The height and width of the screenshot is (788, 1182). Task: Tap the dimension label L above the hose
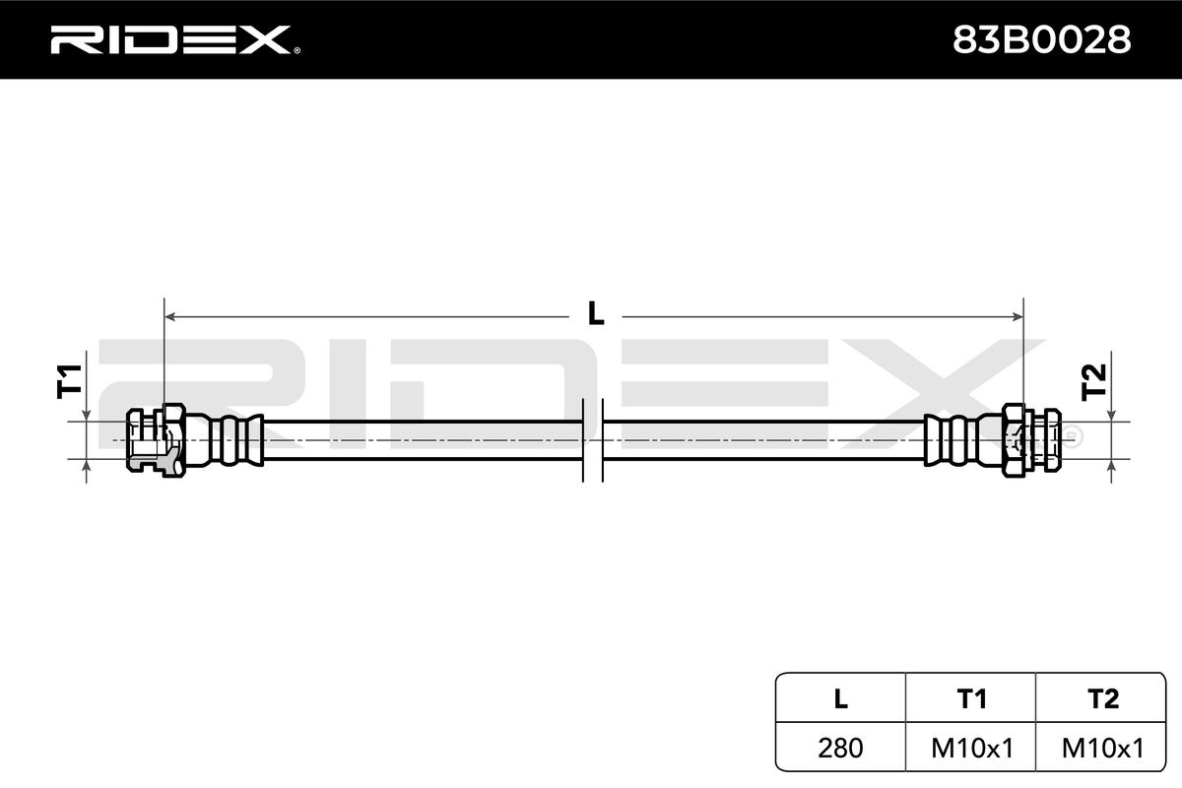coord(595,314)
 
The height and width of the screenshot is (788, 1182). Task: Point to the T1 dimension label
coord(68,380)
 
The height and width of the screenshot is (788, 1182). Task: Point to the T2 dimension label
coord(1094,380)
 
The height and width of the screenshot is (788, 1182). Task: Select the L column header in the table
coord(840,698)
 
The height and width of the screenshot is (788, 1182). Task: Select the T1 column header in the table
coord(971,698)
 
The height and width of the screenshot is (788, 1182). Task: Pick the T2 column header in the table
coord(1102,698)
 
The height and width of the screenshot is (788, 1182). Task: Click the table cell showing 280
coord(840,748)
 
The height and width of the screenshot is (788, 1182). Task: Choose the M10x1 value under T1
coord(971,748)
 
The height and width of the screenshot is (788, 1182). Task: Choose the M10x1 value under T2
coord(1102,748)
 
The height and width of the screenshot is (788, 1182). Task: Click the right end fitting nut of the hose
coord(1030,440)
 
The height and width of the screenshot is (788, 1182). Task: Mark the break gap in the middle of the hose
coord(592,440)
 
